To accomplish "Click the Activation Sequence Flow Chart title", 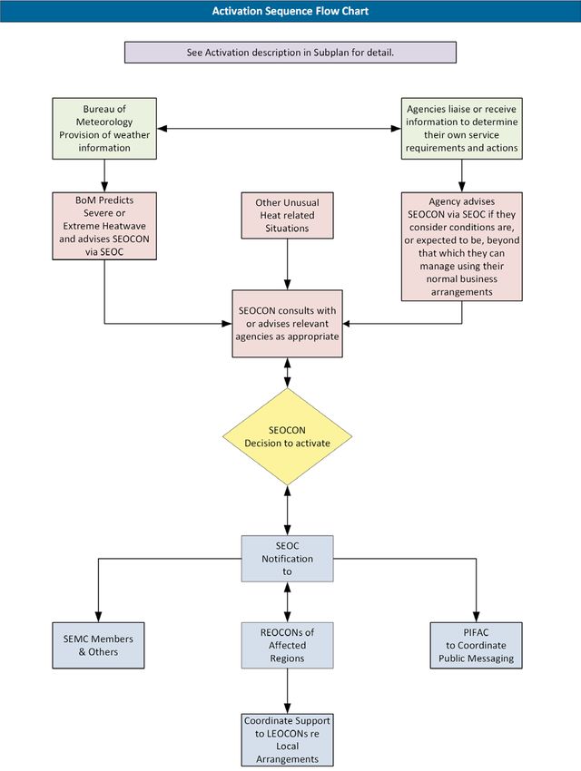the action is coord(290,11).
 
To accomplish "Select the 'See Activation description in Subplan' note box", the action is coord(290,52).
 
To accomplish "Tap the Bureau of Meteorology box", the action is coord(104,128).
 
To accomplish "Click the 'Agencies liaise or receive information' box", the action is coord(461,128).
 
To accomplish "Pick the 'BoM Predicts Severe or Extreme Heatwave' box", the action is coord(104,226).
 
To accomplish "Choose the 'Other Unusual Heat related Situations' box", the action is coord(287,215).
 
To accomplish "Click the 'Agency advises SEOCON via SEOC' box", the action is coord(461,247).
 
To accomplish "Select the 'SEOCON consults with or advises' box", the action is coord(287,324).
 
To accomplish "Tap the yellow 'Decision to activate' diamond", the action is coord(287,436).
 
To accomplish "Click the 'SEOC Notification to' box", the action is coord(287,559).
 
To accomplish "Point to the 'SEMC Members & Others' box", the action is coord(98,645).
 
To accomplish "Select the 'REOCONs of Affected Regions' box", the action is coord(287,645).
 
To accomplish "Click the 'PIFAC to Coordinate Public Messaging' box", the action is coord(477,645).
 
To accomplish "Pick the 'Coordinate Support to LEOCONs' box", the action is coord(287,739).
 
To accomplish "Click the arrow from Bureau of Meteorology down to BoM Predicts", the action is coord(104,176).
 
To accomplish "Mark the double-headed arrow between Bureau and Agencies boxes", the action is coord(279,128).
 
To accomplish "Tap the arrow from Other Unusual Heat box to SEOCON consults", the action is coord(287,265).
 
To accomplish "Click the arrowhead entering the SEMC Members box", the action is coord(98,617).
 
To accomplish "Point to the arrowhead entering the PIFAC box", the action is coord(477,617).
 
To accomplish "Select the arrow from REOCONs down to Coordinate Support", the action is coord(287,691).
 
